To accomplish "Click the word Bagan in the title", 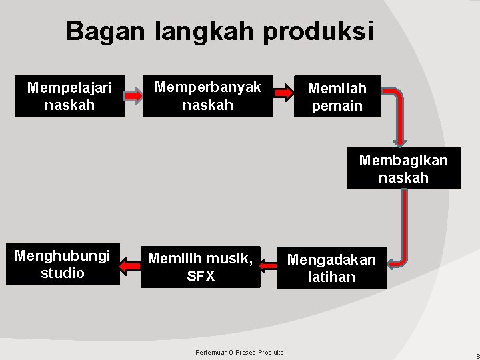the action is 106,31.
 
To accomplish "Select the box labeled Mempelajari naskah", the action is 69,97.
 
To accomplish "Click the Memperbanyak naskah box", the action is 207,95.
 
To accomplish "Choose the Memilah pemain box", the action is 337,96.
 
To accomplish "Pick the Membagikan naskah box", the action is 403,169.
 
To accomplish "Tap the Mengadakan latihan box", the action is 331,268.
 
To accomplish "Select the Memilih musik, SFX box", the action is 200,267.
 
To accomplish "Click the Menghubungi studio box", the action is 63,265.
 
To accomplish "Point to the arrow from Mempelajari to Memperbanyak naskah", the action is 133,97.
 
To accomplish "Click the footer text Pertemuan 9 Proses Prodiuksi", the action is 241,352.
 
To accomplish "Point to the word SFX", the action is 201,275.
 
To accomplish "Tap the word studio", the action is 63,273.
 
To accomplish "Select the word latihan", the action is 331,277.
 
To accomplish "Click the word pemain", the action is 337,105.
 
